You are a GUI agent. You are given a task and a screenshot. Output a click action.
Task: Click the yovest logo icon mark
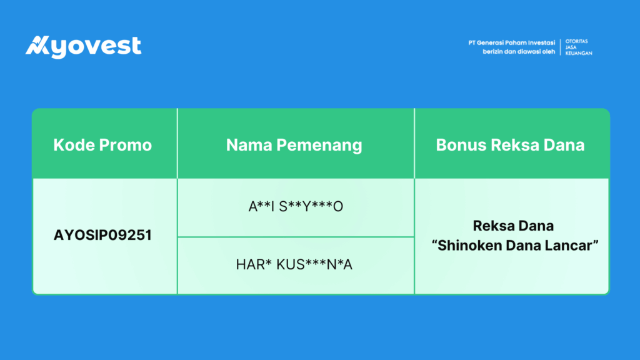(37, 45)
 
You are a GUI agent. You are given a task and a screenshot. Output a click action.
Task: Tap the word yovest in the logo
(96, 47)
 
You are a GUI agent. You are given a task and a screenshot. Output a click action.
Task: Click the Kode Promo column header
(102, 145)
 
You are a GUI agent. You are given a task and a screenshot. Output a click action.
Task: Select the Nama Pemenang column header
(294, 145)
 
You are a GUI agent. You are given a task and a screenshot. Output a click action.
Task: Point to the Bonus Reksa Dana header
(510, 145)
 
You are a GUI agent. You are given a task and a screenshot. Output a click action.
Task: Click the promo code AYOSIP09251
(102, 235)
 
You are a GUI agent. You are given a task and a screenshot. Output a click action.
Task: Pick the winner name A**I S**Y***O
(296, 206)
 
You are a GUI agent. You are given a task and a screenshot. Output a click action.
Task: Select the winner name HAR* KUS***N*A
(294, 264)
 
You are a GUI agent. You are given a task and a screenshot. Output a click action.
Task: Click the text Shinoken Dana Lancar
(515, 245)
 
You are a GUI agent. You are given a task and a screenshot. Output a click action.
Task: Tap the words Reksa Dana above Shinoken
(513, 226)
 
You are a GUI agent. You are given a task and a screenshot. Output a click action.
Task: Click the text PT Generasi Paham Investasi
(511, 43)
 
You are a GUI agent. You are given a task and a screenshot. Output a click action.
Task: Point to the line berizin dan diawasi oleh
(519, 52)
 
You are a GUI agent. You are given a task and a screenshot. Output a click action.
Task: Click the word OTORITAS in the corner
(576, 42)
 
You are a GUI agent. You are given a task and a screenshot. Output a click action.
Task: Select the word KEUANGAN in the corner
(579, 53)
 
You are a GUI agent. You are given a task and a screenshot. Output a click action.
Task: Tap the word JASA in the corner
(571, 47)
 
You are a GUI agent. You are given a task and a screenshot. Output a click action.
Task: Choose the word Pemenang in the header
(319, 146)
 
